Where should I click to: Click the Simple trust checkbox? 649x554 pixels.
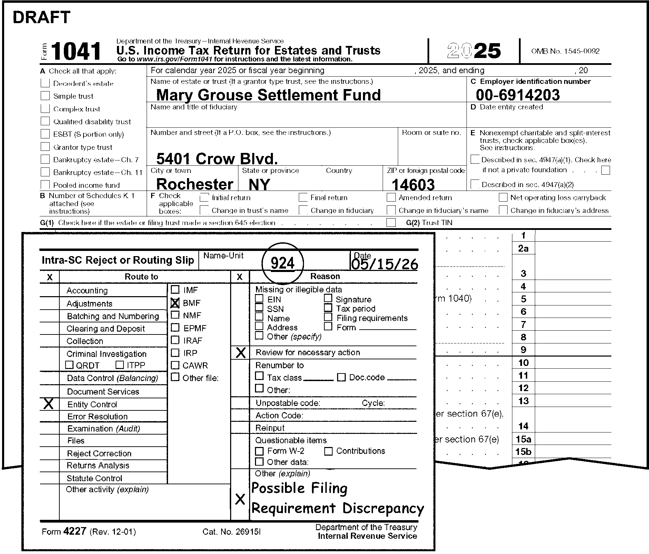coord(45,96)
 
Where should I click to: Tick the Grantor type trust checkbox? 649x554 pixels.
coord(45,147)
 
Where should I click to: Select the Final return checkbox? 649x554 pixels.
coord(303,197)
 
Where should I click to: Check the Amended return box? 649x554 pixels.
coord(391,197)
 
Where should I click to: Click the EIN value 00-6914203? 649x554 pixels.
coord(518,95)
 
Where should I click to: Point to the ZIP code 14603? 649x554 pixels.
coord(413,185)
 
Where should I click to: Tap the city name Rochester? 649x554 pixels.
coord(195,184)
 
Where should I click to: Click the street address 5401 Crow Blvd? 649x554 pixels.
coord(217,159)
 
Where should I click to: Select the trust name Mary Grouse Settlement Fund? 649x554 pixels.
coord(268,95)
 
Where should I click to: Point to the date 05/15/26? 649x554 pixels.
coord(384,264)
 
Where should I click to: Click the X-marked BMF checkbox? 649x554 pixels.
coord(175,303)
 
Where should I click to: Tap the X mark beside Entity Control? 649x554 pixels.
coord(49,404)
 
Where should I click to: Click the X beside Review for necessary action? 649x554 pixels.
coord(240,352)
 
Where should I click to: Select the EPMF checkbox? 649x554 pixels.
coord(175,328)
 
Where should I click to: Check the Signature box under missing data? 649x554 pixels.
coord(328,299)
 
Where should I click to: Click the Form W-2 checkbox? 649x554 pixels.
coord(259,451)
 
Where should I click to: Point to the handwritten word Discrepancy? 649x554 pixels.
coord(383,508)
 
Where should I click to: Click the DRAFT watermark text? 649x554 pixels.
coord(41,17)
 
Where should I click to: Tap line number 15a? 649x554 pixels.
coord(523,439)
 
